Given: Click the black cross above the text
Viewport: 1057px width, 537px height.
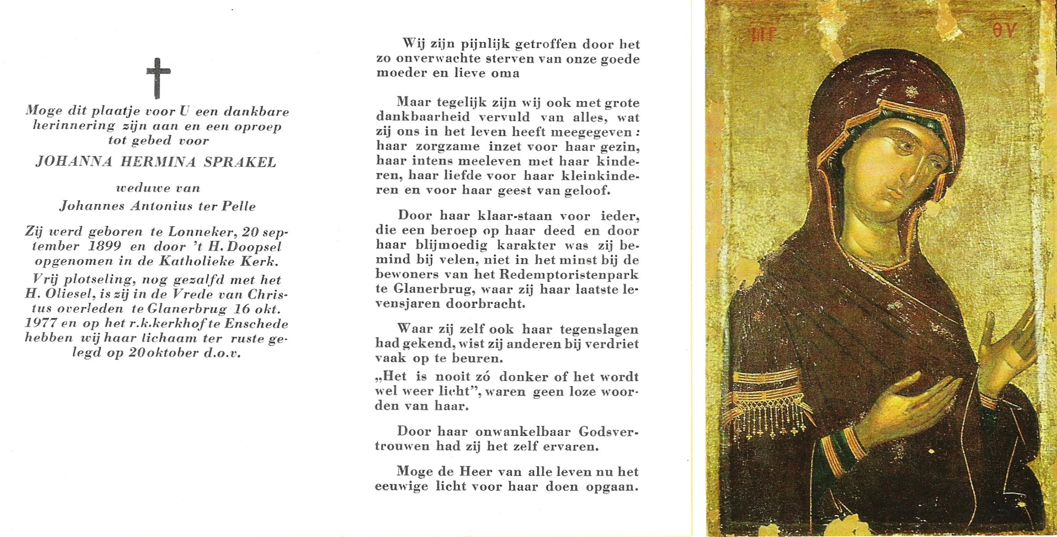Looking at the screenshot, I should click(x=158, y=78).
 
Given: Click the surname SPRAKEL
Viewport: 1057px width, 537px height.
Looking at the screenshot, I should click(x=240, y=162).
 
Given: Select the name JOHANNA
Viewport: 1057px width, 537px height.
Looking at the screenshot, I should click(x=74, y=162).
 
